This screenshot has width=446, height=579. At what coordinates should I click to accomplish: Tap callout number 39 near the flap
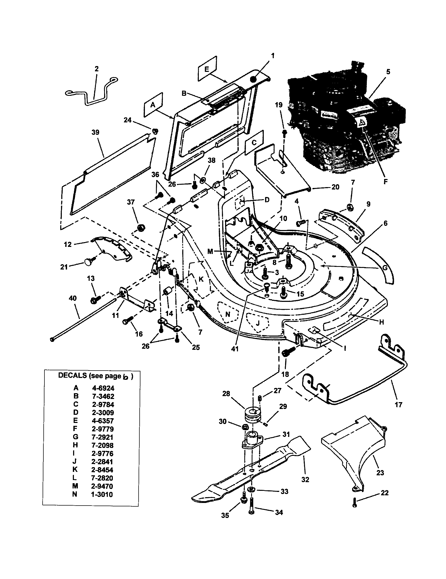coord(95,132)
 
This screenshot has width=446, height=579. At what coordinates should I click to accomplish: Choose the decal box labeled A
coord(153,105)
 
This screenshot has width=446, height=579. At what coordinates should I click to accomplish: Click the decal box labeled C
coord(254,142)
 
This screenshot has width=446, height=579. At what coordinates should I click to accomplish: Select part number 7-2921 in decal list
coord(103,437)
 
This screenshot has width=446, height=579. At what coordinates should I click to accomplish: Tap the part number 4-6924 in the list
coord(103,388)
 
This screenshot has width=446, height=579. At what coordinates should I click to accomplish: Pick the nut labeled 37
coord(141,227)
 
